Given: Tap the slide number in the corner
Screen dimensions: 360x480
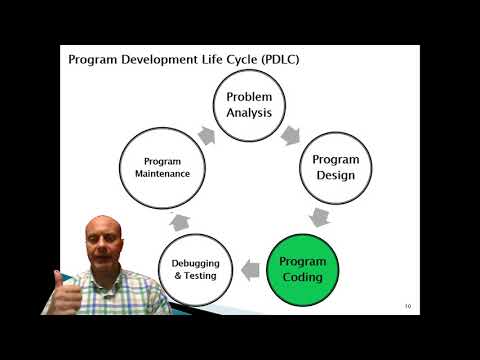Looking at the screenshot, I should (408, 306).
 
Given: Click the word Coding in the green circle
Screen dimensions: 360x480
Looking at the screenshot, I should (302, 276).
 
